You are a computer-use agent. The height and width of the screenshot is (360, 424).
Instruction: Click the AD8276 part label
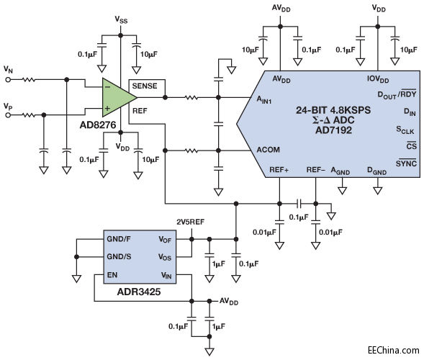tap(98, 125)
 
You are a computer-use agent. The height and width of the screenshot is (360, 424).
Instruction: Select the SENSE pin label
tap(145, 86)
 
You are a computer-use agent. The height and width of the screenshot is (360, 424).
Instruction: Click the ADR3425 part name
tap(139, 292)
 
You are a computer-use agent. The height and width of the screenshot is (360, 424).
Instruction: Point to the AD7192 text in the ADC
tap(334, 130)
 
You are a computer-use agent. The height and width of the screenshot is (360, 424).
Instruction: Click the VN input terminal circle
tap(8, 80)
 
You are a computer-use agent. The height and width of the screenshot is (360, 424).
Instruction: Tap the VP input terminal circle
tap(8, 115)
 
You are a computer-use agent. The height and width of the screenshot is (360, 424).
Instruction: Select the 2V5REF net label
tap(190, 222)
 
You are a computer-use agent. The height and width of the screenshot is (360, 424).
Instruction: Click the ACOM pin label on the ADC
tap(268, 150)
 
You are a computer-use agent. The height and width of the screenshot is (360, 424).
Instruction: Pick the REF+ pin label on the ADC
tap(279, 170)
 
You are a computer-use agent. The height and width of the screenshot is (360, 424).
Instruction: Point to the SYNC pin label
tap(406, 163)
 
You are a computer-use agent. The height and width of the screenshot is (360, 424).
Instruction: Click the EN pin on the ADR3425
tap(112, 275)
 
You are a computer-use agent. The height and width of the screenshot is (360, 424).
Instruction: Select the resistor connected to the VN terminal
tap(28, 80)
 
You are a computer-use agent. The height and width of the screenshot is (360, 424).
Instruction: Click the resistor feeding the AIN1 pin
tap(191, 97)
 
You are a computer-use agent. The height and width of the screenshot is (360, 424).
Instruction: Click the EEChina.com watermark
tap(394, 350)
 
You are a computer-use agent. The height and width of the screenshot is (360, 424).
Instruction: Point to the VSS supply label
tap(121, 19)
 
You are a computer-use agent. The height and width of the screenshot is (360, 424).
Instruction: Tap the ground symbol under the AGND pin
tap(342, 190)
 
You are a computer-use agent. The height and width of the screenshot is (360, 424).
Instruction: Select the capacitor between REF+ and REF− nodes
tap(299, 203)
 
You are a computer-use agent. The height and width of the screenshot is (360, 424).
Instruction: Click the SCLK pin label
tap(405, 130)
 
